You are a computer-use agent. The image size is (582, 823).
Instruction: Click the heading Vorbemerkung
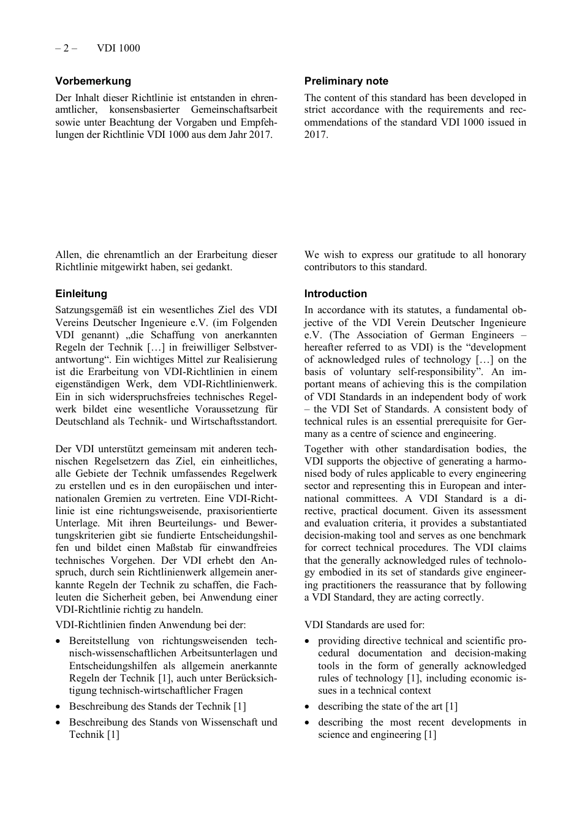[x=93, y=81]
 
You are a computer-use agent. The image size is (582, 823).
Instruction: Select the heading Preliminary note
[x=346, y=81]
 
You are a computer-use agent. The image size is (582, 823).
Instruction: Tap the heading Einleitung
[x=81, y=294]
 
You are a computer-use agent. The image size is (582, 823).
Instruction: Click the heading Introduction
[x=336, y=294]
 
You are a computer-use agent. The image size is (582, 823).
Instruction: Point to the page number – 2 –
[x=66, y=48]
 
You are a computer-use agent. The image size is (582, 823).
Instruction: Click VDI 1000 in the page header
[x=118, y=48]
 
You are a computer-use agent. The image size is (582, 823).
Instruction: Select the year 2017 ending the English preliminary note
[x=315, y=135]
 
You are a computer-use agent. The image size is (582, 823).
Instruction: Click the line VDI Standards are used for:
[x=364, y=625]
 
